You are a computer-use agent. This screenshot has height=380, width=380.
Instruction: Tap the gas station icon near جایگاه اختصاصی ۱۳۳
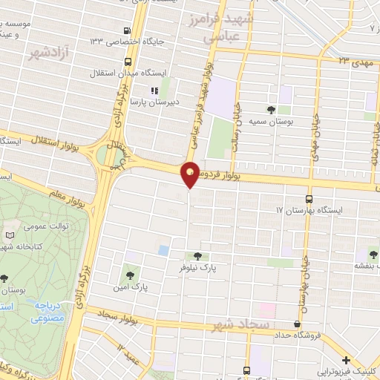pyautogui.click(x=127, y=32)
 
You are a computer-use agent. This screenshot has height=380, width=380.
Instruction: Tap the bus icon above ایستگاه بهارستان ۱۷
pyautogui.click(x=309, y=199)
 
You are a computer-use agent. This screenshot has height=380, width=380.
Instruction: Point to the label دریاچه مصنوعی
pyautogui.click(x=50, y=311)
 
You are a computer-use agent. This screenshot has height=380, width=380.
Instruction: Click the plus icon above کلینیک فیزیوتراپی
pyautogui.click(x=345, y=359)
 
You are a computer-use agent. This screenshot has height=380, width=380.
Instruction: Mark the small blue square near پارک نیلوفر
pyautogui.click(x=163, y=250)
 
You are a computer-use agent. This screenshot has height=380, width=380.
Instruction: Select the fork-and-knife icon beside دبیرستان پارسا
pyautogui.click(x=155, y=91)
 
